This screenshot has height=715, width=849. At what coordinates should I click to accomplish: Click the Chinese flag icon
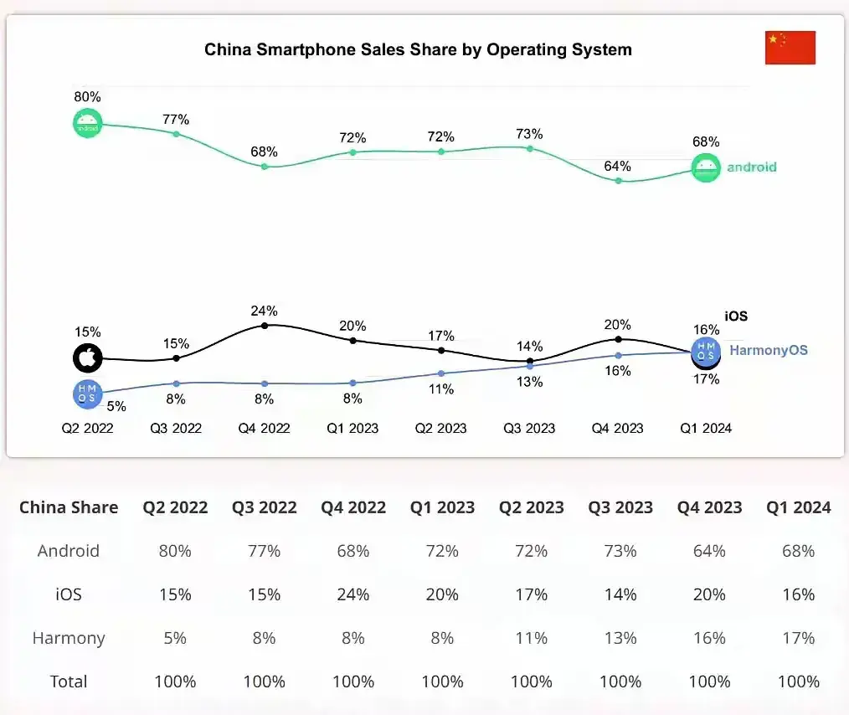pyautogui.click(x=790, y=48)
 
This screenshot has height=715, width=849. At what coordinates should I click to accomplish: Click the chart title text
pyautogui.click(x=418, y=49)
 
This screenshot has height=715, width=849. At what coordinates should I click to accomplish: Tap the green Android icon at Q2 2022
pyautogui.click(x=87, y=124)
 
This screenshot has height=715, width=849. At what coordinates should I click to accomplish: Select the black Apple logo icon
pyautogui.click(x=87, y=358)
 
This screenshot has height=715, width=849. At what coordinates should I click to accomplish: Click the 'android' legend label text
pyautogui.click(x=751, y=167)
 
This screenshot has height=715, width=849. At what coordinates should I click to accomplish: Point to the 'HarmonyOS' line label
pyautogui.click(x=768, y=350)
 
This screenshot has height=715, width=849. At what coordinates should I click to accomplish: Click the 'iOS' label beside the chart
pyautogui.click(x=736, y=316)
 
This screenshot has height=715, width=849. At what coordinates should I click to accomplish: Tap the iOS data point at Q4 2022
pyautogui.click(x=265, y=325)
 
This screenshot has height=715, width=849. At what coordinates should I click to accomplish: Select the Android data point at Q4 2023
pyautogui.click(x=618, y=180)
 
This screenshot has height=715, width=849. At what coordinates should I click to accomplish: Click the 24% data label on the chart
pyautogui.click(x=264, y=311)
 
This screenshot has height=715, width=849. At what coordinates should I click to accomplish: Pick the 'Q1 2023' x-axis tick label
pyautogui.click(x=352, y=428)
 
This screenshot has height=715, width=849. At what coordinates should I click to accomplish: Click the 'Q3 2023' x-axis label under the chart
pyautogui.click(x=529, y=428)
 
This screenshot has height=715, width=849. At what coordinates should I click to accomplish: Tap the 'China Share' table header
pyautogui.click(x=69, y=507)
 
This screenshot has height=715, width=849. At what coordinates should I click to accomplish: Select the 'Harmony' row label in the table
pyautogui.click(x=69, y=638)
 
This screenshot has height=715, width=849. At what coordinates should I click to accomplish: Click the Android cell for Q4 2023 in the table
pyautogui.click(x=709, y=551)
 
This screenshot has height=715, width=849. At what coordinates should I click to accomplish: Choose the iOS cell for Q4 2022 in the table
pyautogui.click(x=352, y=594)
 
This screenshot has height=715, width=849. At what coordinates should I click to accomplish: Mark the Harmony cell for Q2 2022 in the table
pyautogui.click(x=175, y=638)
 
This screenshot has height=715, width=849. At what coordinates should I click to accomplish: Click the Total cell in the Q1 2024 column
pyautogui.click(x=798, y=682)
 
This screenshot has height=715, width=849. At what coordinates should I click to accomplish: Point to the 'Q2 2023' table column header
pyautogui.click(x=532, y=507)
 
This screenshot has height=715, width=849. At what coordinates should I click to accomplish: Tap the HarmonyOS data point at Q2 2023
pyautogui.click(x=441, y=373)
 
